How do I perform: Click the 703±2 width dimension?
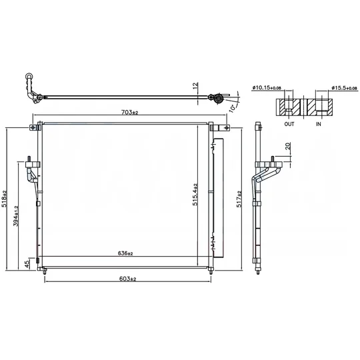click(130, 112)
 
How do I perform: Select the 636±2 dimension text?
click(125, 253)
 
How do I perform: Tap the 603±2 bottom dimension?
click(127, 279)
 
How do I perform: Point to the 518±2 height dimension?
click(5, 199)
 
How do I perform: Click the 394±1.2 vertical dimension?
click(16, 216)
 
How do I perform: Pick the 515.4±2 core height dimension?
click(195, 195)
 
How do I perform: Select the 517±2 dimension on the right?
click(239, 199)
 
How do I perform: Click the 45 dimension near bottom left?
click(27, 264)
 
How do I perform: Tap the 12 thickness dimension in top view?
click(195, 85)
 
